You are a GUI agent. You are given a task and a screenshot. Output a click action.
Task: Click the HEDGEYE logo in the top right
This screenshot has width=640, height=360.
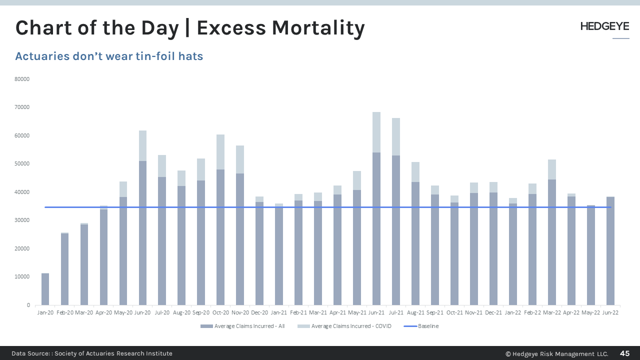pyautogui.click(x=604, y=26)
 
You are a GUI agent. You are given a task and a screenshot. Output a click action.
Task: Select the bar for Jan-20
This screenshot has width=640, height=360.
pyautogui.click(x=45, y=289)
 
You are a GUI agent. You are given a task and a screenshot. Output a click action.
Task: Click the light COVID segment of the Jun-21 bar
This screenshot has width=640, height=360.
pyautogui.click(x=376, y=132)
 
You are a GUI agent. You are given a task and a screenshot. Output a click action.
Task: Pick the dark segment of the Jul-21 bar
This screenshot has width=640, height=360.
pyautogui.click(x=396, y=230)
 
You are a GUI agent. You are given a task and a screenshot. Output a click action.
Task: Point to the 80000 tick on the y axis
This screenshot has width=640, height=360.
pyautogui.click(x=23, y=79)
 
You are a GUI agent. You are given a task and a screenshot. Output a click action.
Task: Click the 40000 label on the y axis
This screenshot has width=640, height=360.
pyautogui.click(x=23, y=192)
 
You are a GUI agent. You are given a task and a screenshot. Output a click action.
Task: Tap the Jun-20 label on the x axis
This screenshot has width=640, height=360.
pyautogui.click(x=142, y=312)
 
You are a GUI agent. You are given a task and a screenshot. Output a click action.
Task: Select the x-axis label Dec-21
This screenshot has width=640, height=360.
pyautogui.click(x=493, y=312)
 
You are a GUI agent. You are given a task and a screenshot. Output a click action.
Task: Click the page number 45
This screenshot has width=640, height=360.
pyautogui.click(x=624, y=353)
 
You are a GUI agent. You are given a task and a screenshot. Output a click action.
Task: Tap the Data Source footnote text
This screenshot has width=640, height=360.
pyautogui.click(x=92, y=353)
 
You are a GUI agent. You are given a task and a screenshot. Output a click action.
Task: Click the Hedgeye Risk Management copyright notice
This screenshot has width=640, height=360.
pyautogui.click(x=556, y=353)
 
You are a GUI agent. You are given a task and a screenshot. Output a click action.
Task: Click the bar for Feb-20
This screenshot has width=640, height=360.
pyautogui.click(x=64, y=269)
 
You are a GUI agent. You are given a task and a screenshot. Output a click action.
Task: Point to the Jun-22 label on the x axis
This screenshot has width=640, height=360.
pyautogui.click(x=610, y=312)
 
